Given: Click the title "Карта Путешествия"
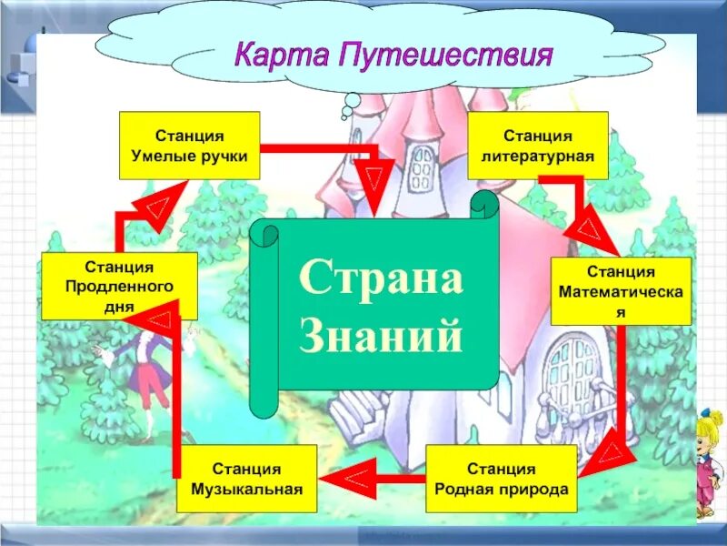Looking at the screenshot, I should pyautogui.click(x=393, y=56).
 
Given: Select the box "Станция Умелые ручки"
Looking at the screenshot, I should pyautogui.click(x=189, y=145).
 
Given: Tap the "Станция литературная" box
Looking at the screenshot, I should pyautogui.click(x=538, y=145).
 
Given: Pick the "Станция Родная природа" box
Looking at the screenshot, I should pyautogui.click(x=501, y=480).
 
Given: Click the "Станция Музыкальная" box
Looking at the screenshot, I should pyautogui.click(x=246, y=480).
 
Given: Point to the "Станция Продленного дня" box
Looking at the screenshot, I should pyautogui.click(x=119, y=286).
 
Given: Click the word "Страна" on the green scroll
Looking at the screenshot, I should pyautogui.click(x=381, y=278).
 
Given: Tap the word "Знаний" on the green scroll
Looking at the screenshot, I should pyautogui.click(x=381, y=339).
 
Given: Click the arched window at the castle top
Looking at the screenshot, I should pyautogui.click(x=422, y=167).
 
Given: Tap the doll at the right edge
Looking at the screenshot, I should pyautogui.click(x=710, y=464).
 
